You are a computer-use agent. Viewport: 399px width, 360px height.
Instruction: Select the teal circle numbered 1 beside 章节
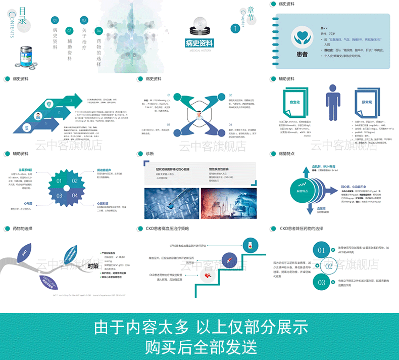tap(234, 29)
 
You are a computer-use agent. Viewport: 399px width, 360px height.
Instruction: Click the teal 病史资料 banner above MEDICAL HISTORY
tap(199, 43)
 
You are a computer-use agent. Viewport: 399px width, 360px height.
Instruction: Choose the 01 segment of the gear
tap(59, 181)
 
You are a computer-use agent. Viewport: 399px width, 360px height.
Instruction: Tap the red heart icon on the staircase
tap(208, 275)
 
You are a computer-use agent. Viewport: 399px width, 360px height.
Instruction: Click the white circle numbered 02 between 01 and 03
tap(329, 266)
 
